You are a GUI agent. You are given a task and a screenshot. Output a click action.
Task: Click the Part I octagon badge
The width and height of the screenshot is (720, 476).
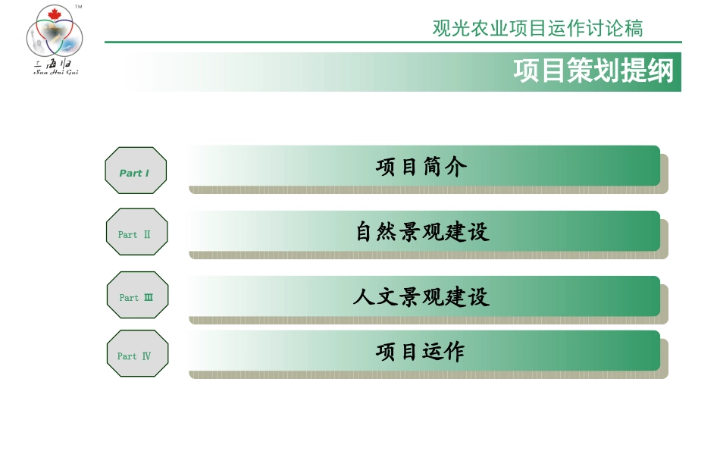tap(136, 171)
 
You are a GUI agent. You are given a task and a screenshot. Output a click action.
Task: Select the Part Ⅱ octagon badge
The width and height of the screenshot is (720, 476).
tap(136, 232)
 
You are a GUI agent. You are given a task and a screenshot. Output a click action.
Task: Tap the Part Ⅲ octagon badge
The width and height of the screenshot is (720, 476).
tap(137, 295)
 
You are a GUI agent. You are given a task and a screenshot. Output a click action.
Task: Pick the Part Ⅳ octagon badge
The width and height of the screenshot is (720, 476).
tap(137, 354)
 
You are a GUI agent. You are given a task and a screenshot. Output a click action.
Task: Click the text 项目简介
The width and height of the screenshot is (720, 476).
tap(421, 167)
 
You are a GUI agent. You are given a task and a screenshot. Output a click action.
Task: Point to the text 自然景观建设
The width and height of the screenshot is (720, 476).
tap(422, 231)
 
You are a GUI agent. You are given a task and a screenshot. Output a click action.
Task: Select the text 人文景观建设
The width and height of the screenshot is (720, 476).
tap(421, 296)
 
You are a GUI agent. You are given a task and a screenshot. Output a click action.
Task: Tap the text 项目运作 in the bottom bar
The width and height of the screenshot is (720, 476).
tap(421, 352)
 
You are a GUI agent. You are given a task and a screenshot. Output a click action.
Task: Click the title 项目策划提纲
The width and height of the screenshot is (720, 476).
tap(593, 71)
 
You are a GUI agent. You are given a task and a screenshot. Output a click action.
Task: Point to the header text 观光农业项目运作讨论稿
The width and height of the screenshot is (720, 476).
tap(537, 29)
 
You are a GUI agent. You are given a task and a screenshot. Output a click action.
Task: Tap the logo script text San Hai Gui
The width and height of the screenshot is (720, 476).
tap(56, 73)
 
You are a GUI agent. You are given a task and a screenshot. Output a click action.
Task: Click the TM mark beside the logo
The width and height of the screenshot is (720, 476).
tap(78, 6)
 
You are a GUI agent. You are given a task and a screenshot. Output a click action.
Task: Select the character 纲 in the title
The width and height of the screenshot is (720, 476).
tap(661, 71)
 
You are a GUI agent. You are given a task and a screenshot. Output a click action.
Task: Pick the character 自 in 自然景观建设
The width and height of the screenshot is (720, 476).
tap(366, 231)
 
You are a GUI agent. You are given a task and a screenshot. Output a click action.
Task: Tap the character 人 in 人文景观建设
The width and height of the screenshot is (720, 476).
tap(363, 296)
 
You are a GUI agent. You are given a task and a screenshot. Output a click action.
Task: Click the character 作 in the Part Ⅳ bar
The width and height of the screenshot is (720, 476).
tap(455, 352)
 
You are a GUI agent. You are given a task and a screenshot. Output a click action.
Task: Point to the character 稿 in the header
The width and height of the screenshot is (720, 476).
tap(634, 29)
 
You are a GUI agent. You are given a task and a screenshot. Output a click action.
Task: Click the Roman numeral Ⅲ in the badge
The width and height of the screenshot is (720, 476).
tap(149, 297)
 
